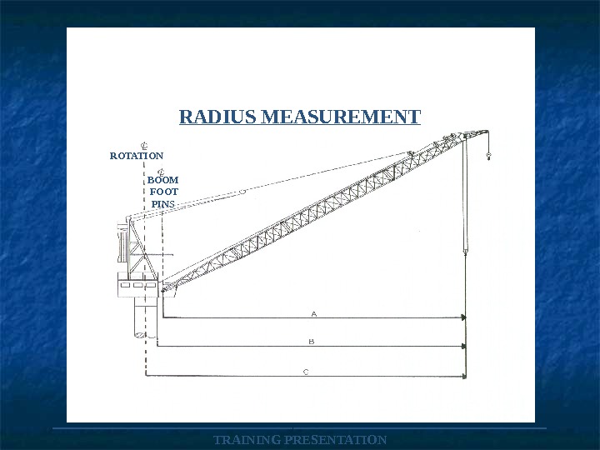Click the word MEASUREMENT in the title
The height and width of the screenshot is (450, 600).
tap(341, 117)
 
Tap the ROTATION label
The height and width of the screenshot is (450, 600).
tap(137, 156)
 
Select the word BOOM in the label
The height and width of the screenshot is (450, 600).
tap(162, 180)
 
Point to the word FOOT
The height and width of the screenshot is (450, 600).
tap(164, 192)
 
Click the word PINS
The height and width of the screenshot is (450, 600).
tap(162, 204)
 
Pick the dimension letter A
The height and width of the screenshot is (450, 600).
tap(314, 314)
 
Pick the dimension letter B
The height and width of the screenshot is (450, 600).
tap(312, 342)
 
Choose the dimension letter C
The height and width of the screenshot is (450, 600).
tap(306, 372)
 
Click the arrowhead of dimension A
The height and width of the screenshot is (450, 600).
tap(464, 317)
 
